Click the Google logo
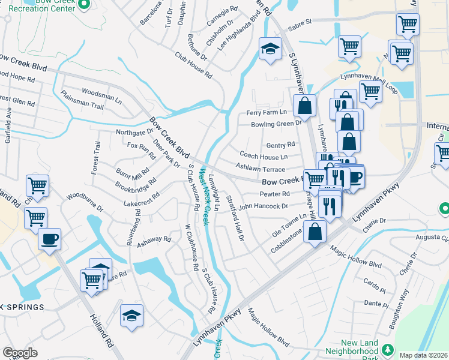20,353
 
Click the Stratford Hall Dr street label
235,217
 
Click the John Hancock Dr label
263,206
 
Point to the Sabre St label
300,22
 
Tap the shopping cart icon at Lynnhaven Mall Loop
370,92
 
